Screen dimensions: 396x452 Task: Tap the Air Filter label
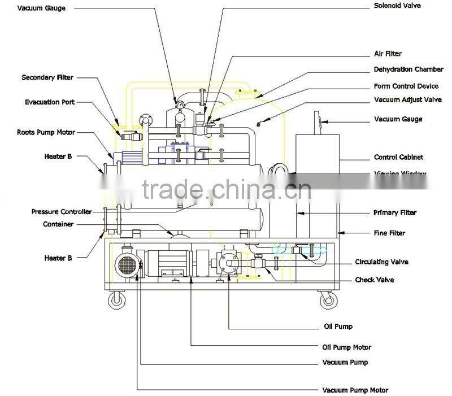coord(388,54)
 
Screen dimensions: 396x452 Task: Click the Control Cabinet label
coord(398,157)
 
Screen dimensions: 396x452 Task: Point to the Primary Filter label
coord(395,212)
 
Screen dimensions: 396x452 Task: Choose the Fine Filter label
coord(389,233)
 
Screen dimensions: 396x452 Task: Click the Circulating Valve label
coord(381,262)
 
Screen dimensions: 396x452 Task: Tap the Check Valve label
coord(375,280)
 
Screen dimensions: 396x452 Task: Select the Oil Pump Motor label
coord(346,347)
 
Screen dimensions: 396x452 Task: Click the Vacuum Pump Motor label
coord(355,390)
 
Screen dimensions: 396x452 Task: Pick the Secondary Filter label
coord(47,77)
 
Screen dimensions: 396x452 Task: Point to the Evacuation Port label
coord(50,102)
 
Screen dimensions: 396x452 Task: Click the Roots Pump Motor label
coord(46,132)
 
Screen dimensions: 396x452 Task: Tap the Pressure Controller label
coord(61,212)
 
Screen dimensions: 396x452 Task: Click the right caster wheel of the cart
coord(327,299)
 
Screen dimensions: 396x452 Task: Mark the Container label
coord(59,224)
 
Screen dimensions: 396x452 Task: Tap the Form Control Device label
coord(406,86)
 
